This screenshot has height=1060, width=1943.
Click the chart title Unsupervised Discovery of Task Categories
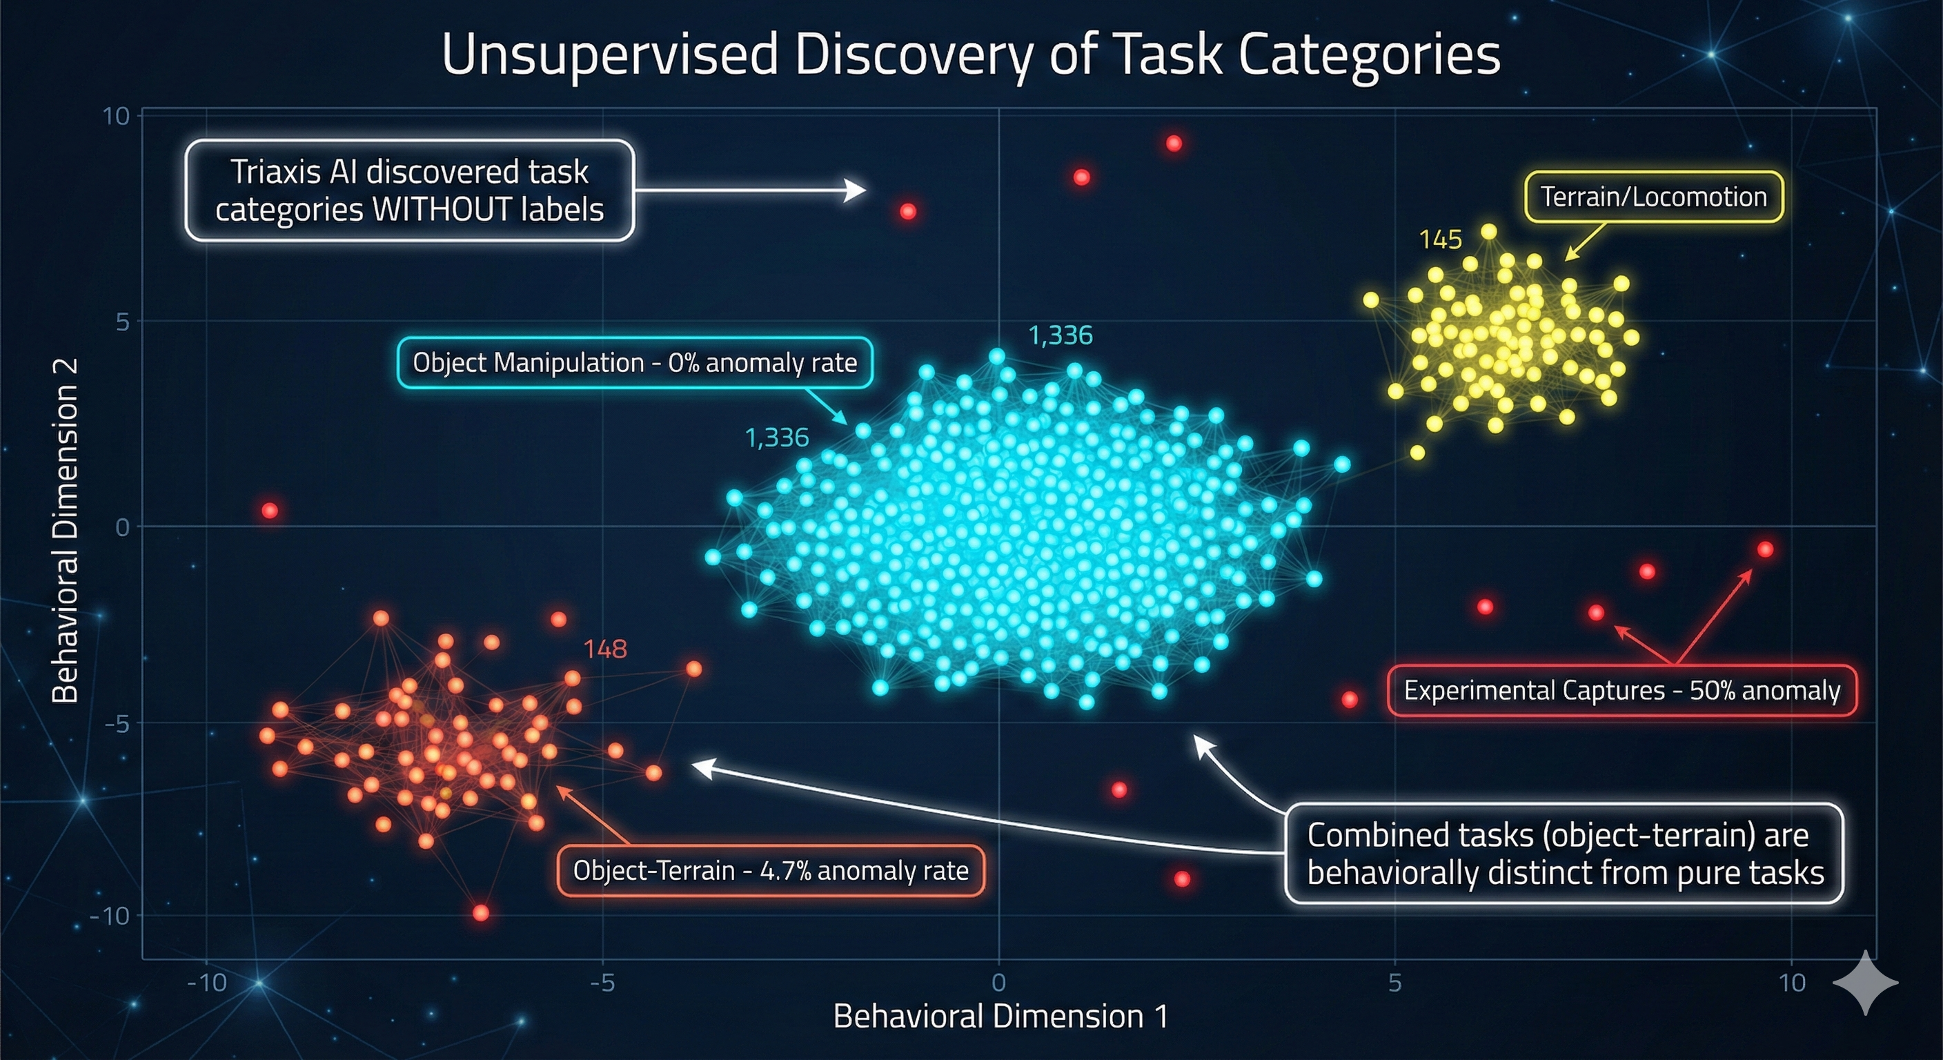[x=971, y=55]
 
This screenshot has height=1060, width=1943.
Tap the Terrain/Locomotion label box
[x=1653, y=197]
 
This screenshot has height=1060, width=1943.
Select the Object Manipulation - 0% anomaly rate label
[x=634, y=363]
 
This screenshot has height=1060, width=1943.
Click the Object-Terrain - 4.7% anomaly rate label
[x=770, y=871]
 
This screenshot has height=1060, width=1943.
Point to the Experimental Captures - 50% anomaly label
[x=1621, y=690]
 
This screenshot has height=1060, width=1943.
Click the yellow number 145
[x=1440, y=240]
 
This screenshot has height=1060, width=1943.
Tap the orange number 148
[x=605, y=649]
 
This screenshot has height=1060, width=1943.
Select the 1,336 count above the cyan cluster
[x=1060, y=335]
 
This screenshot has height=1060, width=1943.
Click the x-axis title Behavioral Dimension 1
[x=1000, y=1017]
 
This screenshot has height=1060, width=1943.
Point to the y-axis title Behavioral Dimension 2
[x=66, y=531]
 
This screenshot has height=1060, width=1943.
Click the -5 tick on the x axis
[x=602, y=982]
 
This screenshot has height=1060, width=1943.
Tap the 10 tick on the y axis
[x=117, y=116]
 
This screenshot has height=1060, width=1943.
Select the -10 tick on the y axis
[x=110, y=916]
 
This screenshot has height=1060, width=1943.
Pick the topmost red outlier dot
[x=1174, y=144]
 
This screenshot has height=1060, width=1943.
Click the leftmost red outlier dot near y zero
[x=270, y=511]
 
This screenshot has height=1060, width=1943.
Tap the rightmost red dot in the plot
[x=1765, y=549]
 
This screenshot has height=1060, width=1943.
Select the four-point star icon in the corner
[x=1865, y=982]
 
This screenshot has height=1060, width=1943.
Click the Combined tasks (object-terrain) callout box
[x=1564, y=853]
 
